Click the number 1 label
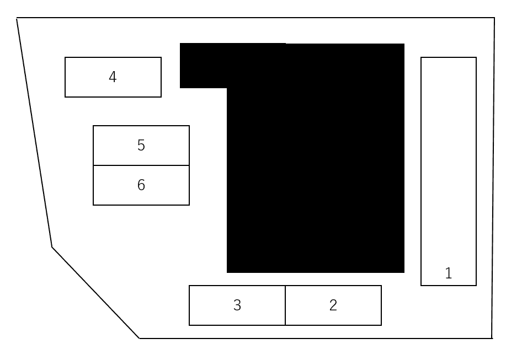click(449, 273)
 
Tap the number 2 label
click(333, 305)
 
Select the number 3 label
click(237, 305)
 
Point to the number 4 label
click(113, 77)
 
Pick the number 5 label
click(141, 146)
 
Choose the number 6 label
click(141, 185)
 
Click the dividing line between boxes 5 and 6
click(141, 165)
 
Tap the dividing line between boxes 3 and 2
click(285, 305)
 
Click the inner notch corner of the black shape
click(227, 88)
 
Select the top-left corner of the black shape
click(180, 43)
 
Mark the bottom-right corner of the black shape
click(404, 273)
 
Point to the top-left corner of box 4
click(65, 57)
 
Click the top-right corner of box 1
click(476, 57)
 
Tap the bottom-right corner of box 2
click(381, 325)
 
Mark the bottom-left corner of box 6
click(93, 205)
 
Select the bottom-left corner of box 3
click(189, 325)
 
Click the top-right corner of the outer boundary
click(494, 18)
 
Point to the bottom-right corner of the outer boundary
click(492, 338)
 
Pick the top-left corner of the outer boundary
click(17, 18)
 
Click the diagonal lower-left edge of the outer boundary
click(95, 293)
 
